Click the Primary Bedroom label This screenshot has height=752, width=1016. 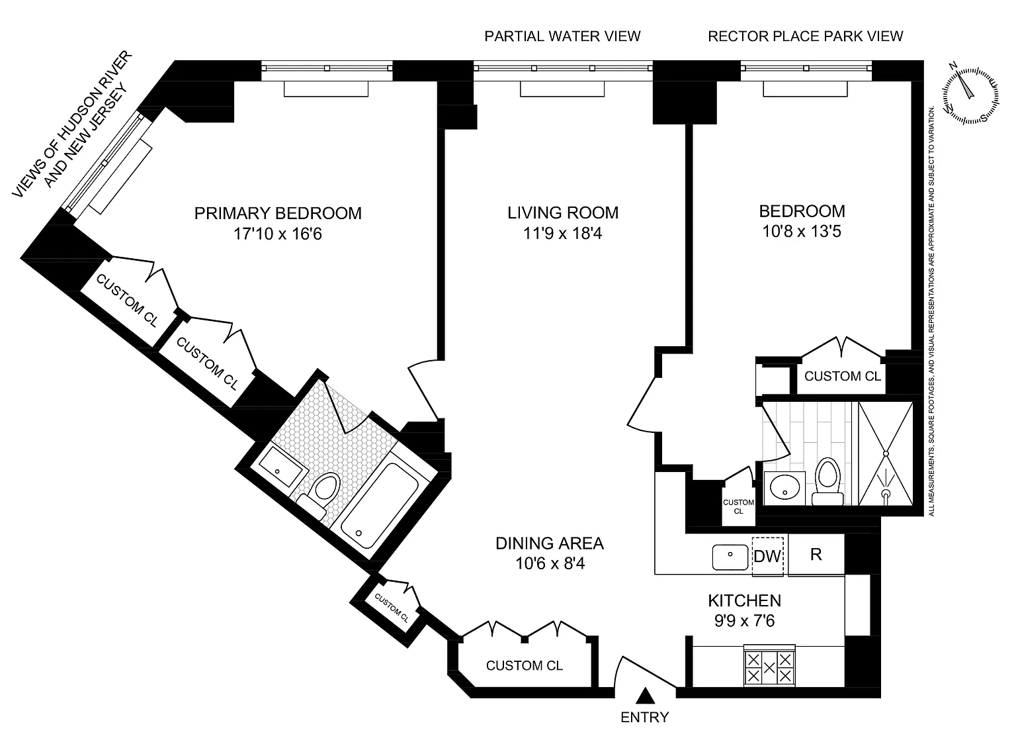[x=278, y=213]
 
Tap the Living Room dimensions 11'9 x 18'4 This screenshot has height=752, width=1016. [x=562, y=234]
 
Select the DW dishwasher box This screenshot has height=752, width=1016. [x=767, y=556]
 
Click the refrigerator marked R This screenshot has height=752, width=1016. [x=816, y=555]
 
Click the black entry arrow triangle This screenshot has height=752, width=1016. [x=646, y=695]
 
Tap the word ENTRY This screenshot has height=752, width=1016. [x=644, y=717]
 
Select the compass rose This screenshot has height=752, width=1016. [x=970, y=95]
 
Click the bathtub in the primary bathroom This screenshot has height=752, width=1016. [x=380, y=505]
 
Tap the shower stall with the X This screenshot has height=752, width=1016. [x=886, y=453]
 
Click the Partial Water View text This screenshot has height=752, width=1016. [x=562, y=36]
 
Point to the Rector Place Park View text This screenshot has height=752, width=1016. [x=805, y=36]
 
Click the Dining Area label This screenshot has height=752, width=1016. [x=550, y=543]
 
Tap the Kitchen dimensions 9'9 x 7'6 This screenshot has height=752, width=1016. [x=744, y=621]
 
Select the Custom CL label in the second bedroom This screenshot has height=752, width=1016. [x=843, y=377]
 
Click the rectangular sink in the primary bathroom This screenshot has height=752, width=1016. [x=282, y=467]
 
